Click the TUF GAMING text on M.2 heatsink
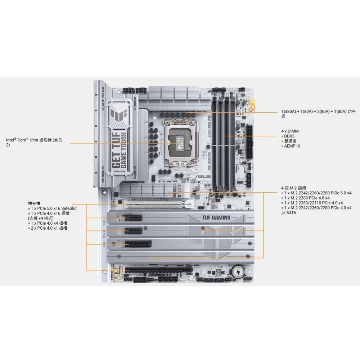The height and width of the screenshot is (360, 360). tap(216, 218)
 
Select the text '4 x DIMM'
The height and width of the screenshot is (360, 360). tap(290, 131)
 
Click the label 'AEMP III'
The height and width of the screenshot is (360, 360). tap(292, 146)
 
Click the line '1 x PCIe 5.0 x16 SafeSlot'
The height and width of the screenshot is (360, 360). tap(53, 208)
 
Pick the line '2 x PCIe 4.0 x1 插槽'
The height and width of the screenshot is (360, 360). tap(48, 228)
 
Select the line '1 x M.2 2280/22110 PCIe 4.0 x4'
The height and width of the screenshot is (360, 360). tap(313, 203)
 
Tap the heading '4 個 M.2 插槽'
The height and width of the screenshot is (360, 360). tap(294, 188)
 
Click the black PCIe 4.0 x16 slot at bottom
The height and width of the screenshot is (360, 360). tap(155, 269)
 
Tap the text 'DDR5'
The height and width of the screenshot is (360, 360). tap(288, 136)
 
